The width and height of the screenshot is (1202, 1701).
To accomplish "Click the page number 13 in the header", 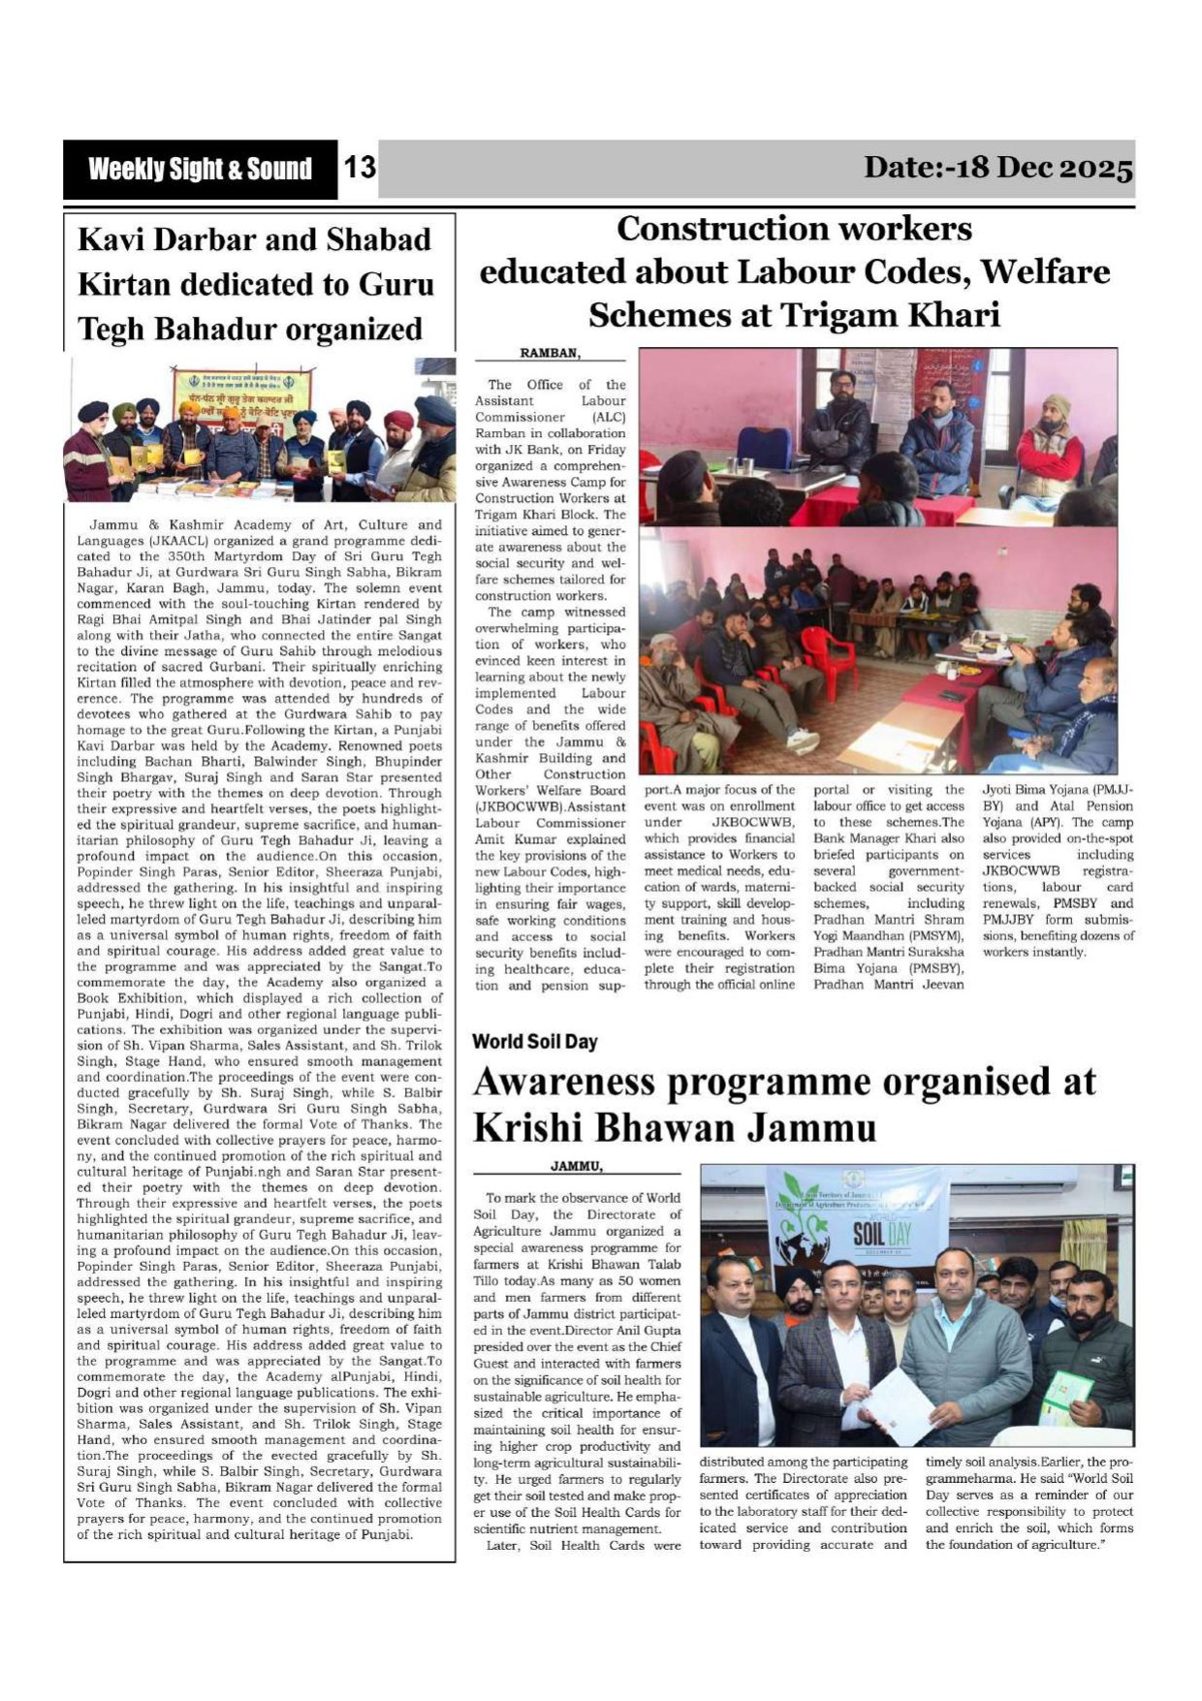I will point(359,169).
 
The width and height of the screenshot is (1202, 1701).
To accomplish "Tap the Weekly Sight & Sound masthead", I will point(200,170).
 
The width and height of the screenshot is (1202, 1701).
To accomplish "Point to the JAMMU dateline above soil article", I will point(576,1166).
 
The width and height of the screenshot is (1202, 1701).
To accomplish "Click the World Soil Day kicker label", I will point(534,1042).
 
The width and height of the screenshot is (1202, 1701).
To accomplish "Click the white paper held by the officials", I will point(898,1401).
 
